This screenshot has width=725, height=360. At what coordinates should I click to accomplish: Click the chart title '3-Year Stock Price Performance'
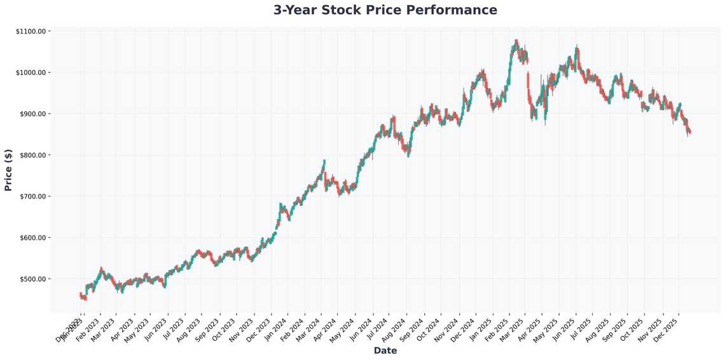[385, 10]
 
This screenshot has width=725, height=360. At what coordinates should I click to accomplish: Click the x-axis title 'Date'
[385, 350]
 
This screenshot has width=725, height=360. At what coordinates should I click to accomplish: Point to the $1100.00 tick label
[33, 31]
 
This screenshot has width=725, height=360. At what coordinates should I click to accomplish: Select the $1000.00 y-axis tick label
[33, 73]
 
